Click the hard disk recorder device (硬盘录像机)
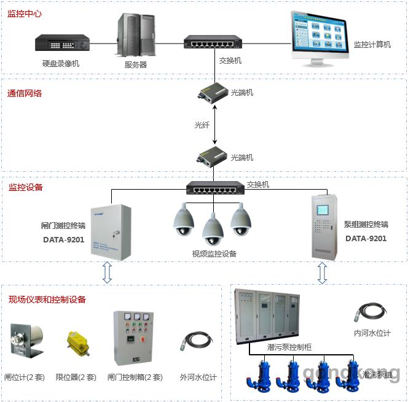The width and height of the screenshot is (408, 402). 62,44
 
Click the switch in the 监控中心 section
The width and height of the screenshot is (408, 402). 213,42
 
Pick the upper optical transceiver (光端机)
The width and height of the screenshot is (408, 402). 213,93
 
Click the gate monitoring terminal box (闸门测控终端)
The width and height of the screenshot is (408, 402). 111,232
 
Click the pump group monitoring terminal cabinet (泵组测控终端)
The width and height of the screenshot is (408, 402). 324,227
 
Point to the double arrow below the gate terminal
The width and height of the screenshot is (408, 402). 107,273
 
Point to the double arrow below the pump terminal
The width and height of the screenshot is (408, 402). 321,273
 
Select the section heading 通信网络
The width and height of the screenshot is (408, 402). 25,94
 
